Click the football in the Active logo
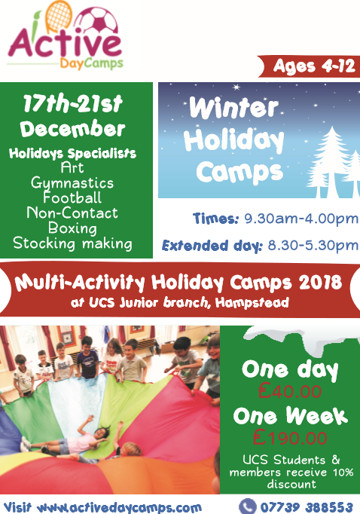click(96, 23)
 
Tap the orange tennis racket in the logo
click(58, 16)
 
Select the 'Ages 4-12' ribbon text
click(314, 66)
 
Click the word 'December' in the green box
click(73, 128)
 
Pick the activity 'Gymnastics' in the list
click(72, 183)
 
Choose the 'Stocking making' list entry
click(73, 243)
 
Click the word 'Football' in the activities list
click(72, 197)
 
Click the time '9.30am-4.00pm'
click(301, 219)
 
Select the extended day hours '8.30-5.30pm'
click(313, 246)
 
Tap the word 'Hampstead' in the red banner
click(252, 302)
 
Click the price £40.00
click(289, 391)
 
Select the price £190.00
click(289, 438)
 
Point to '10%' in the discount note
click(343, 472)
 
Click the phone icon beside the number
click(248, 506)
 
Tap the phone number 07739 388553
click(307, 507)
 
